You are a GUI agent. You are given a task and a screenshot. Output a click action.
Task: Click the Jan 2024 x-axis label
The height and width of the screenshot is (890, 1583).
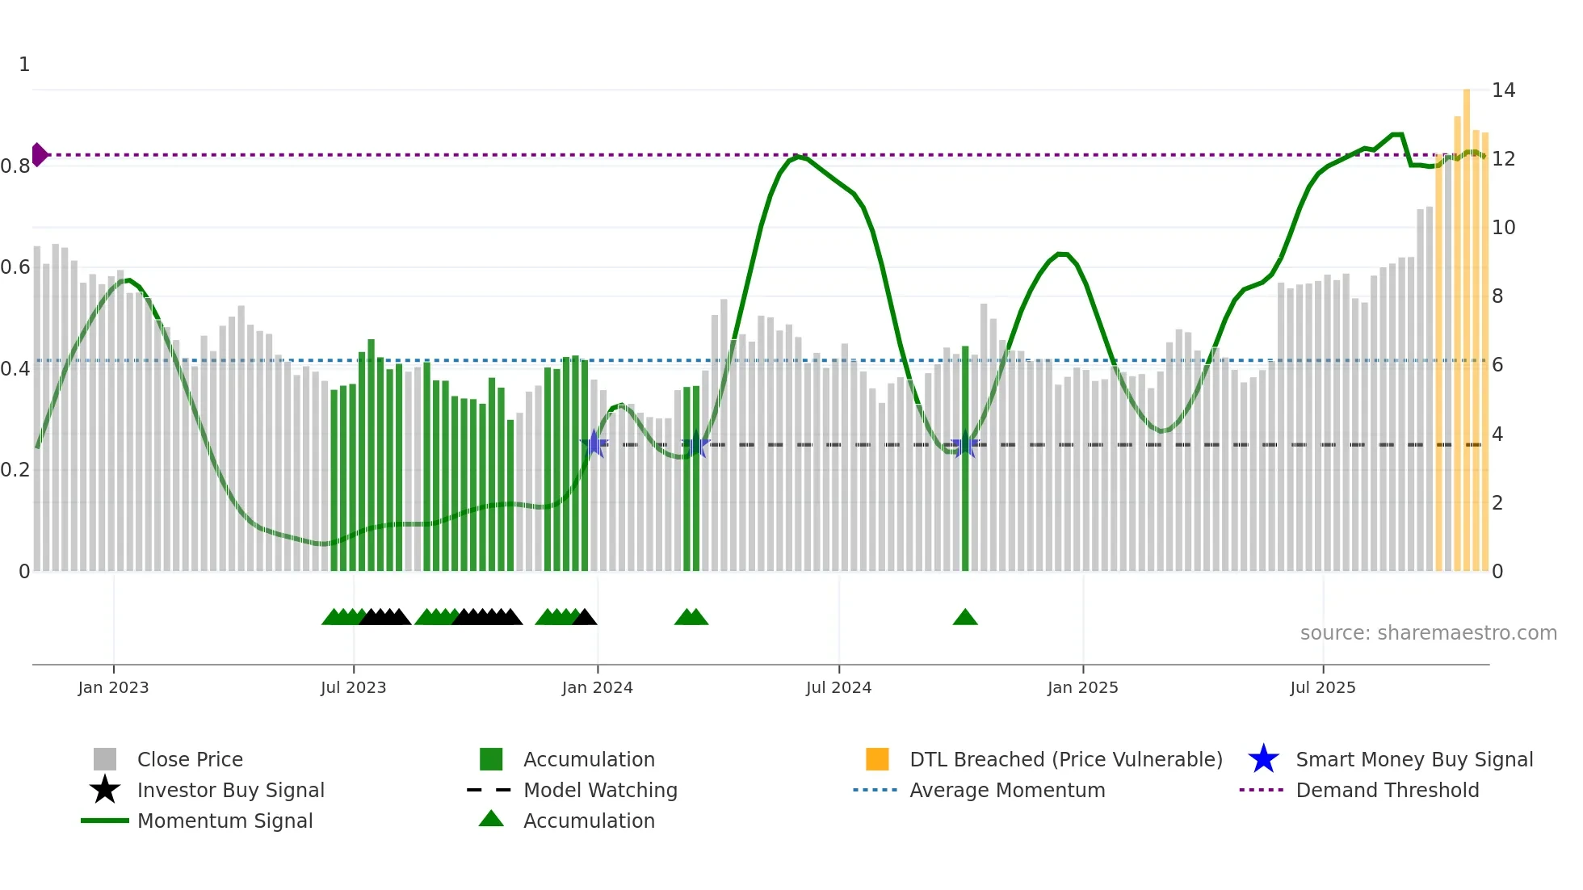597,688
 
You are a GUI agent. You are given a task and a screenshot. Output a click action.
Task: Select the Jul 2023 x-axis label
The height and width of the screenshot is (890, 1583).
353,688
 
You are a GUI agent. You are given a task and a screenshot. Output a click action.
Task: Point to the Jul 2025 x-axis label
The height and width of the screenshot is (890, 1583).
1322,688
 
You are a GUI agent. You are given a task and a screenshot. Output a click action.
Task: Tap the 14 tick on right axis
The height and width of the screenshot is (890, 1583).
1503,90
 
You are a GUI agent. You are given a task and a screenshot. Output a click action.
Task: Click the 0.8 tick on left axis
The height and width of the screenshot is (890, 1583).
15,166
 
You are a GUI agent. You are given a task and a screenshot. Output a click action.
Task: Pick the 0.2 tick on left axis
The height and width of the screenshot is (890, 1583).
15,470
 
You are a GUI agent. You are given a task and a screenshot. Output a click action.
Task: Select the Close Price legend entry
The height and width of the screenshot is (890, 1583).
189,760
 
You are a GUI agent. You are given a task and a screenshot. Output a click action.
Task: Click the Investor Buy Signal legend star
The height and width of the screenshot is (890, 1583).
105,791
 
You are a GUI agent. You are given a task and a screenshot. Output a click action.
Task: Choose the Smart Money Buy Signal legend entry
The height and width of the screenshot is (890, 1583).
1413,760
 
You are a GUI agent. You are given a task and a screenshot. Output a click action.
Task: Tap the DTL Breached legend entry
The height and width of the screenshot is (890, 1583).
1065,760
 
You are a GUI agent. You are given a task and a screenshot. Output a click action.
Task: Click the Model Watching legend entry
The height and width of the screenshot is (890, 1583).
599,791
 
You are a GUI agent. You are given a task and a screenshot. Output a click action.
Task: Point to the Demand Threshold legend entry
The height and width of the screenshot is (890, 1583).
1387,791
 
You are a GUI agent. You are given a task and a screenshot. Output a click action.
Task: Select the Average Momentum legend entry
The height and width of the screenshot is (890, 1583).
1006,791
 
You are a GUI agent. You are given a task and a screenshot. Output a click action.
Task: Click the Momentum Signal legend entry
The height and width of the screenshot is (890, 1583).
225,821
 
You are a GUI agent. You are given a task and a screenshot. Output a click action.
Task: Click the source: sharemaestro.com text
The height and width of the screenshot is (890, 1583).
1428,633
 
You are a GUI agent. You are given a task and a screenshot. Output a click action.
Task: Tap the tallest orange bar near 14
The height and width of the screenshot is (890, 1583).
1467,323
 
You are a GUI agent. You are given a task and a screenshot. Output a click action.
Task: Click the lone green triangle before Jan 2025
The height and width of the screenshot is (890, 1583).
965,618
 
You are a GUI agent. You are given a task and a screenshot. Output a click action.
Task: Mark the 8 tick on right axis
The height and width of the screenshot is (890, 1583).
1497,296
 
